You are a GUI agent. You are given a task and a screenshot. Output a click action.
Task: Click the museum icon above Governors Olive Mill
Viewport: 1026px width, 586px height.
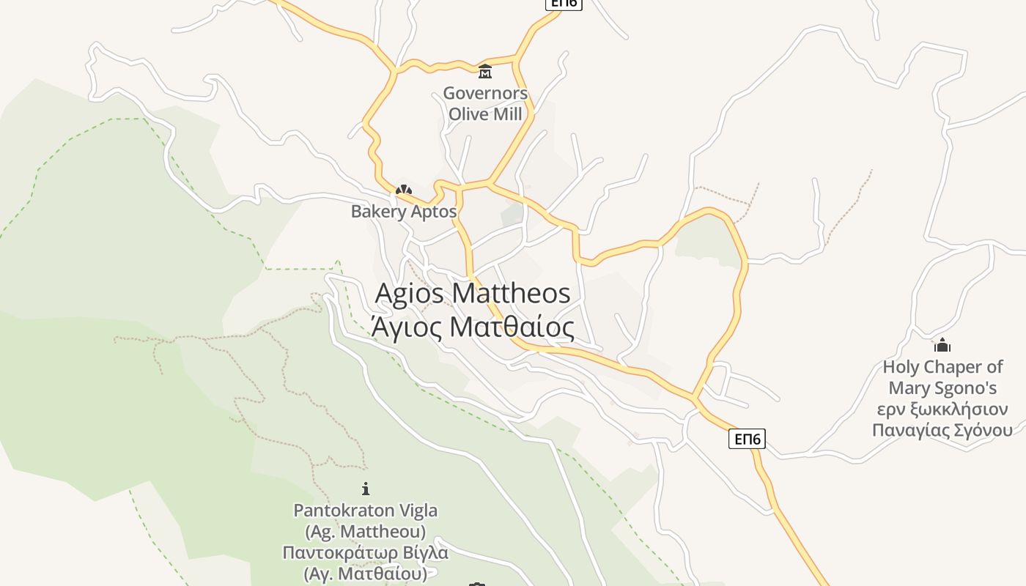tap(484, 72)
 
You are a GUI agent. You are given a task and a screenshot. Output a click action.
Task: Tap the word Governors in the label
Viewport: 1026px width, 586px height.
tap(485, 94)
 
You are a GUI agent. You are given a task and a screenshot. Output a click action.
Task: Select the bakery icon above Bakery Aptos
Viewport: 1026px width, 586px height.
tap(403, 190)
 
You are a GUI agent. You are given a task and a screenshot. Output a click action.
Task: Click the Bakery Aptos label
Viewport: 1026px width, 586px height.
tap(403, 212)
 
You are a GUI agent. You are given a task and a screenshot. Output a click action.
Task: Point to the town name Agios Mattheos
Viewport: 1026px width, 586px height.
tap(473, 293)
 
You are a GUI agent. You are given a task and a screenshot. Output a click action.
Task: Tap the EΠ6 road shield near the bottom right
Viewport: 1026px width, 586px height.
tap(747, 439)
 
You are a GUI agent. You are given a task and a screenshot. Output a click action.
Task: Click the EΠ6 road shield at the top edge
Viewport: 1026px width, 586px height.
tap(563, 3)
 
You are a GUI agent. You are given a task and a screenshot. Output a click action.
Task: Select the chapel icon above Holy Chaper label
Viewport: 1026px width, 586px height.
tap(942, 345)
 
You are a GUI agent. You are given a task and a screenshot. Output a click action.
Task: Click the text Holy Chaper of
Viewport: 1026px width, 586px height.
tap(942, 367)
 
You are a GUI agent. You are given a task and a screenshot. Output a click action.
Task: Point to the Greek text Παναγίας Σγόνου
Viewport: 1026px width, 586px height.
tap(942, 430)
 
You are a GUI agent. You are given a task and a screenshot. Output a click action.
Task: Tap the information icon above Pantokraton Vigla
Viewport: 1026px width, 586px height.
tap(366, 489)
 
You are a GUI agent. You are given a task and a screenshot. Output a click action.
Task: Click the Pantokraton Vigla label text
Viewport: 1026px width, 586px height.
tap(366, 510)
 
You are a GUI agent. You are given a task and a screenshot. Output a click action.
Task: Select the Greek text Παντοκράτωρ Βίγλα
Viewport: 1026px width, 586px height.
tap(366, 552)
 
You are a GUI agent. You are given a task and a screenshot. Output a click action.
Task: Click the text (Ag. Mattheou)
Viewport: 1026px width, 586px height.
tap(366, 530)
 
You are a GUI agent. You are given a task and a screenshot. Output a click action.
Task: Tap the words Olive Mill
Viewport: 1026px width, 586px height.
tap(485, 114)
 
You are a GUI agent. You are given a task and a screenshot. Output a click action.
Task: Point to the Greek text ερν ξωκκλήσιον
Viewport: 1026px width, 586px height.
tap(942, 409)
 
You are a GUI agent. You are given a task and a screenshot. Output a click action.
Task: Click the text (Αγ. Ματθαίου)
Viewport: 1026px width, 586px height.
tap(366, 573)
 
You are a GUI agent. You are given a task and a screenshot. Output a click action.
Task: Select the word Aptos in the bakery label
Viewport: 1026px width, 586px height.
tap(433, 212)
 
